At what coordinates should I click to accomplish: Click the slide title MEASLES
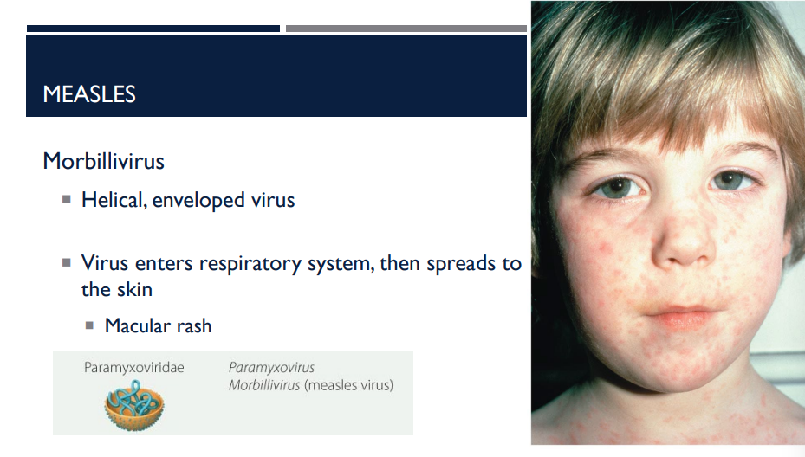point(89,94)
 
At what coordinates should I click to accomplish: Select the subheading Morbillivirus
point(103,161)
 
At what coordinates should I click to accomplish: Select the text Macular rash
point(158,326)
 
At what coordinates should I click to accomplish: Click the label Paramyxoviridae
point(134,368)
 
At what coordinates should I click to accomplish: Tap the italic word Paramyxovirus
point(271,368)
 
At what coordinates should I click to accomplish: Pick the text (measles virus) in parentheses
point(348,385)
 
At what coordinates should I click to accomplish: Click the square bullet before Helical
point(66,200)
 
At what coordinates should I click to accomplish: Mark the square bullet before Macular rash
point(90,326)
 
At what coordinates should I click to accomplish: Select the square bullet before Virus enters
point(66,263)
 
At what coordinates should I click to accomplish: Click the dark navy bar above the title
point(153,29)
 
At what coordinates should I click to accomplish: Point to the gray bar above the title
point(406,29)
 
